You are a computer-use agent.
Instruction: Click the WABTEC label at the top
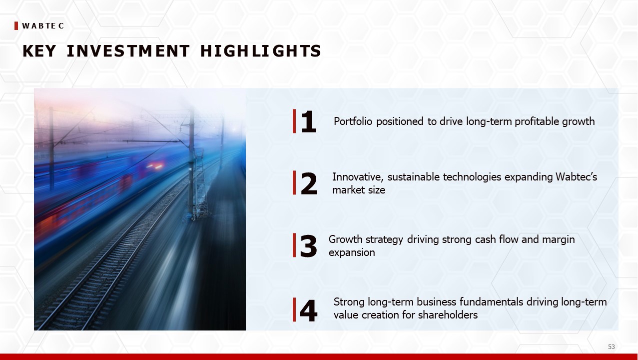point(43,26)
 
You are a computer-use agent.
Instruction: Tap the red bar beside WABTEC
point(16,26)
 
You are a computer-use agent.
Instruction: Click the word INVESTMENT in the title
point(128,51)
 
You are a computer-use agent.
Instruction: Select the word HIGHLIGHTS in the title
point(261,51)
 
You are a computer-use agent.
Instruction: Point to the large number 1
point(309,121)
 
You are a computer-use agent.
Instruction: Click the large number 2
point(309,183)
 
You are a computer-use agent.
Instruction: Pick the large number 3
point(308,245)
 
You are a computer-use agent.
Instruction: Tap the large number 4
point(308,310)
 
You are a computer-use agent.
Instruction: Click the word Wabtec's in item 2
point(576,177)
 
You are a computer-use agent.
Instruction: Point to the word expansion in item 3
point(352,253)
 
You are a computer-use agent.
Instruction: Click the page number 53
point(611,347)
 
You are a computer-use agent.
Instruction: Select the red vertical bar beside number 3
point(294,245)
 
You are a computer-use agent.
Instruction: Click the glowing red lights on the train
point(155,166)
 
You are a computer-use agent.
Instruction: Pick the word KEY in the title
point(39,51)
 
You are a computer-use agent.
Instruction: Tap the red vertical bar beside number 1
point(294,121)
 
